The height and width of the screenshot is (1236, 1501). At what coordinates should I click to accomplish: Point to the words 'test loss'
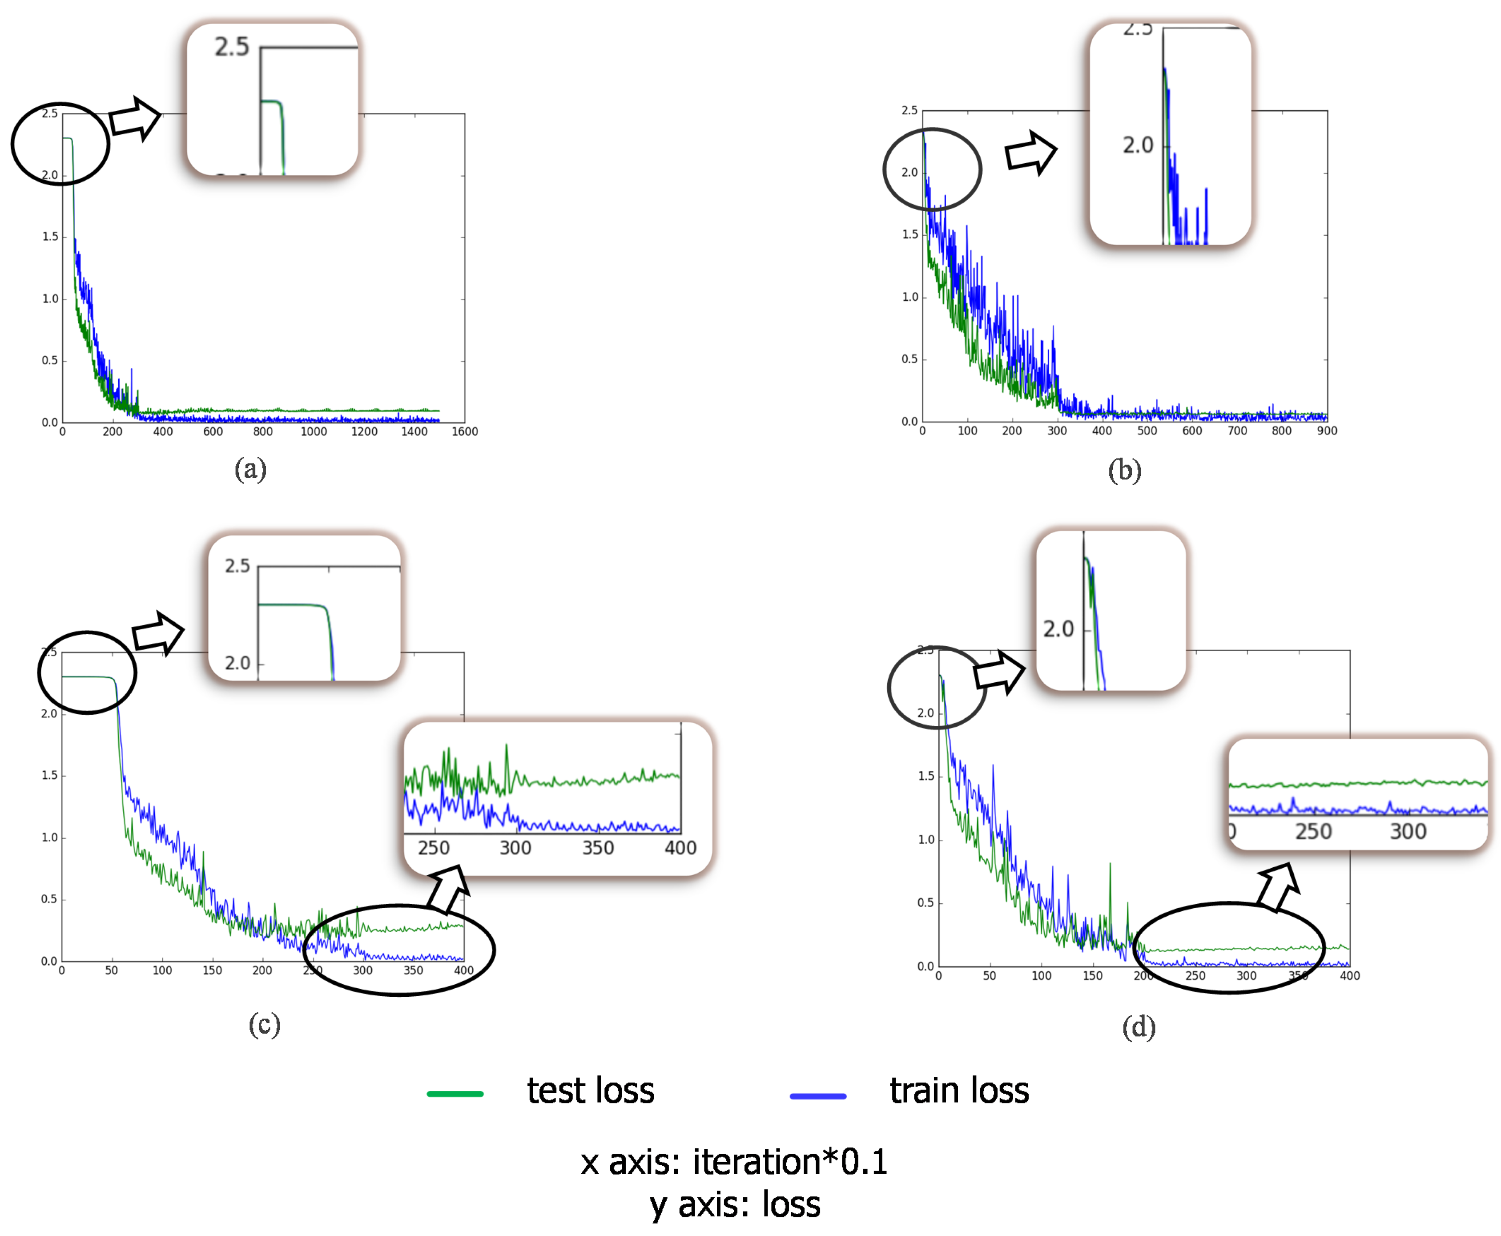(x=590, y=1091)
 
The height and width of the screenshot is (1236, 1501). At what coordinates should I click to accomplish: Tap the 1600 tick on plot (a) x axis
(x=464, y=431)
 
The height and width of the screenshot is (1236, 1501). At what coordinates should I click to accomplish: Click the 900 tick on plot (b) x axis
(x=1326, y=431)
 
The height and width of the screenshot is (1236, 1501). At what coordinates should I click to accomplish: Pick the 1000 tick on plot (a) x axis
(x=313, y=431)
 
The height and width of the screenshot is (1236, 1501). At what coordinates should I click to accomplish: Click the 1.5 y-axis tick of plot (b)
(x=909, y=234)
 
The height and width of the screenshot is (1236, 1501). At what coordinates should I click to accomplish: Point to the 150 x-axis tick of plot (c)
(x=212, y=970)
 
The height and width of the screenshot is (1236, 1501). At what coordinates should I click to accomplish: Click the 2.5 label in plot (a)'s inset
(x=231, y=47)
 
